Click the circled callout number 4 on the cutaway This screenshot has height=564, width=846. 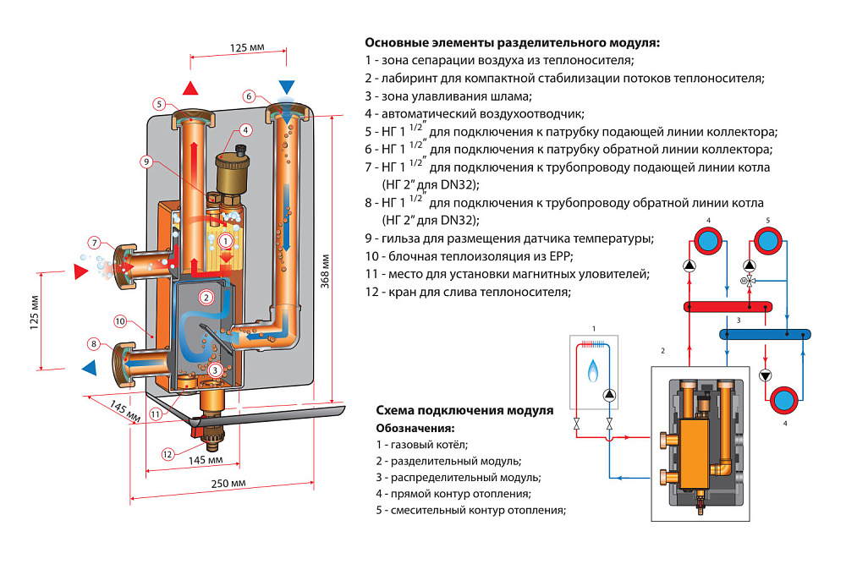245,130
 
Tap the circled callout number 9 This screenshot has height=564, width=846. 146,162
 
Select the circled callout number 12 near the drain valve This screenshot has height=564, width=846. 168,454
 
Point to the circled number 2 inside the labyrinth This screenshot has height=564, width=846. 206,297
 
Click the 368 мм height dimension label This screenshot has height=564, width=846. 325,271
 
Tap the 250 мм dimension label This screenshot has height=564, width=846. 228,483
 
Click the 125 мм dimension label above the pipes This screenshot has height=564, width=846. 247,47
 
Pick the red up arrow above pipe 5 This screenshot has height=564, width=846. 190,88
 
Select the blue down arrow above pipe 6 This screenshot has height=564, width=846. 287,87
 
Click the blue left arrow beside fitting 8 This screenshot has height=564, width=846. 89,368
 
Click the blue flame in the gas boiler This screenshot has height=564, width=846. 592,370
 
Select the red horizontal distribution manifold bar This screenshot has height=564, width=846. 728,307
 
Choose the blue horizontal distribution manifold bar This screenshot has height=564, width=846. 765,334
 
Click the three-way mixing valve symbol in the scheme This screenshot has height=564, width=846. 749,281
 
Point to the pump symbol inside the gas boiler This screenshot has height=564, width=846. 609,395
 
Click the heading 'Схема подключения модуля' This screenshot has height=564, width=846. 464,410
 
